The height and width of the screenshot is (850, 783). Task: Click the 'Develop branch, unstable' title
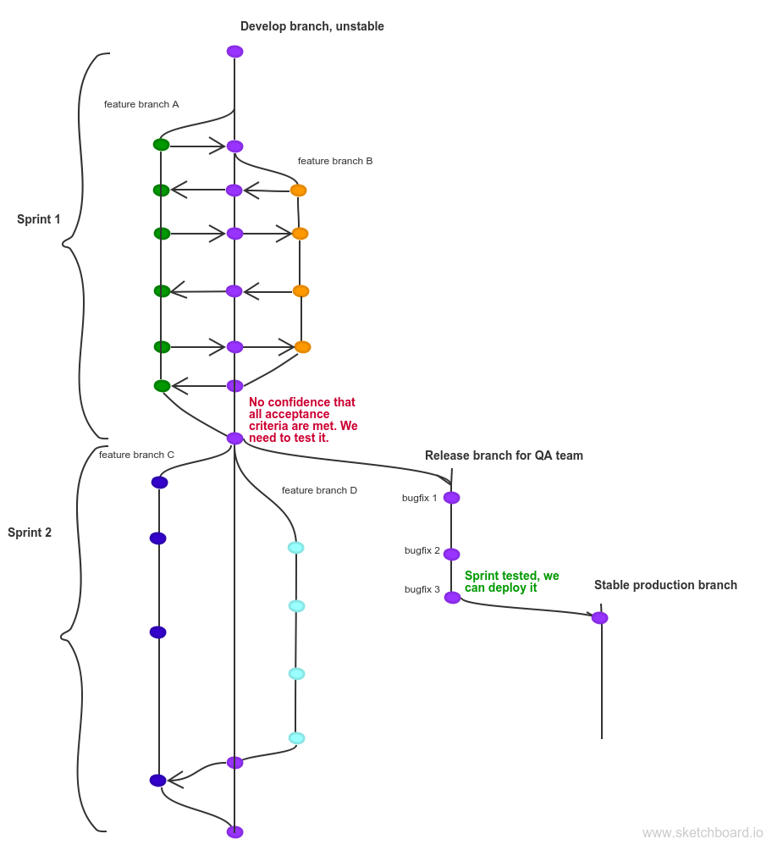[312, 26]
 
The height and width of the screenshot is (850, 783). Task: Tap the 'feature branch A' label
[141, 104]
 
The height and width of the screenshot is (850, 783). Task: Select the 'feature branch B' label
[335, 161]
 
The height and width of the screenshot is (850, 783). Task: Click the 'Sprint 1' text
[38, 219]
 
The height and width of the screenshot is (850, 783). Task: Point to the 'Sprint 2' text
[30, 533]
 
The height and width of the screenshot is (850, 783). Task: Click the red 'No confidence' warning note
[303, 420]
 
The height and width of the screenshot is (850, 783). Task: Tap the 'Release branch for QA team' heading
[504, 455]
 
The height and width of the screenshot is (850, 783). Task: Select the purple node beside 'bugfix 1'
[451, 498]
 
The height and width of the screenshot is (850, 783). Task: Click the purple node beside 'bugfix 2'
[451, 555]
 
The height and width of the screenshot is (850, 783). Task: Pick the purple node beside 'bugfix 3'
[452, 597]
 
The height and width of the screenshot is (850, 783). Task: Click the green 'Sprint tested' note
[511, 582]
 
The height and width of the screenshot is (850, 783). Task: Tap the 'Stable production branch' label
[665, 585]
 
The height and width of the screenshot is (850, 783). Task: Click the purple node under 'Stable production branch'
[599, 618]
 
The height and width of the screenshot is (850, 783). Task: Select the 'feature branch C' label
[136, 455]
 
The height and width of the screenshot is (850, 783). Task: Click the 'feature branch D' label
[319, 490]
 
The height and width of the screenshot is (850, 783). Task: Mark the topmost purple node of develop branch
[234, 52]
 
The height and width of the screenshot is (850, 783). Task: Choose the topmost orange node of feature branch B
[298, 190]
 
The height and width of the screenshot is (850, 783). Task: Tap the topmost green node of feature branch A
[161, 145]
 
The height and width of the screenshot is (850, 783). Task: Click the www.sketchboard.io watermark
[703, 833]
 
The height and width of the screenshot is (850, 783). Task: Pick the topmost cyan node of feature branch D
[295, 548]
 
